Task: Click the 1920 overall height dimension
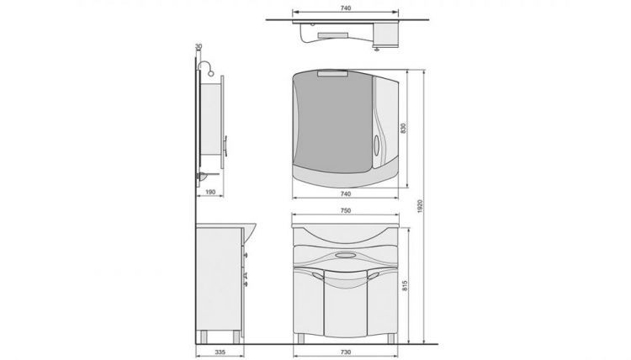click(420, 206)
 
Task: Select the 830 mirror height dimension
click(403, 128)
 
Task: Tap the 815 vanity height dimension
click(405, 286)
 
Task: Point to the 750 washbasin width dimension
click(345, 210)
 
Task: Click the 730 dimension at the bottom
click(345, 352)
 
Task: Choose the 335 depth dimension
click(220, 352)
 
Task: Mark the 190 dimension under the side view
click(210, 192)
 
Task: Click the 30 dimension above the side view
click(199, 46)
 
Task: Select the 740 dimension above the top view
click(345, 8)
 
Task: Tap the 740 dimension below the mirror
click(345, 193)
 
